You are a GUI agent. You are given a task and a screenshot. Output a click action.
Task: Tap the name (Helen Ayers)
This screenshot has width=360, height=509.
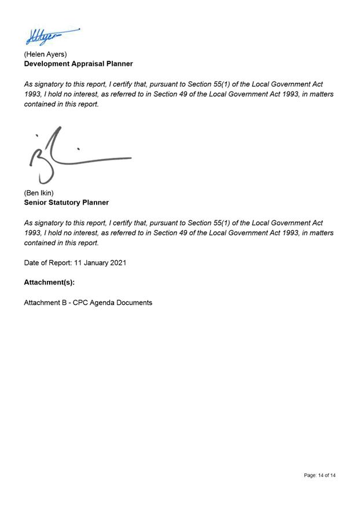coord(45,54)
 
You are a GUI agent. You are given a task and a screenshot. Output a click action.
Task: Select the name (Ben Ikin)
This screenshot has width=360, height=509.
coord(39,193)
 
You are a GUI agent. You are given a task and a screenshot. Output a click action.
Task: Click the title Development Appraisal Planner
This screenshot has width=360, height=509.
coord(78,64)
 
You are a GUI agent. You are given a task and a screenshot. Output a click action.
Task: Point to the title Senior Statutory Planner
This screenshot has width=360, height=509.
coord(66,202)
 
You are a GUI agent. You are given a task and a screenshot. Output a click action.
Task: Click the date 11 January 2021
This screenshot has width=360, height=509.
coord(100,263)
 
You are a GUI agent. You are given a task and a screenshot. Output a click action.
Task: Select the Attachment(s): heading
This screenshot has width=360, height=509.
coord(49,283)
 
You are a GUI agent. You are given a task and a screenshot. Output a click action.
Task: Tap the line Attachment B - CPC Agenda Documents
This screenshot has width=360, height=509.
coord(88,303)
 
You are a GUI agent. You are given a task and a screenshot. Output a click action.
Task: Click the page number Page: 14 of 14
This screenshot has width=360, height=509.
coord(319,475)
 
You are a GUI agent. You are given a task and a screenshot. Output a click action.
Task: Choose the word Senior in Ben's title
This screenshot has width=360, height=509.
coord(35,202)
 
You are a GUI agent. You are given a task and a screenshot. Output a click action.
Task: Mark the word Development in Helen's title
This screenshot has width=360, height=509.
coord(46,64)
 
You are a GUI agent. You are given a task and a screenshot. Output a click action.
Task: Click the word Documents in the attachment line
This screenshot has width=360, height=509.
coord(135,303)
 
